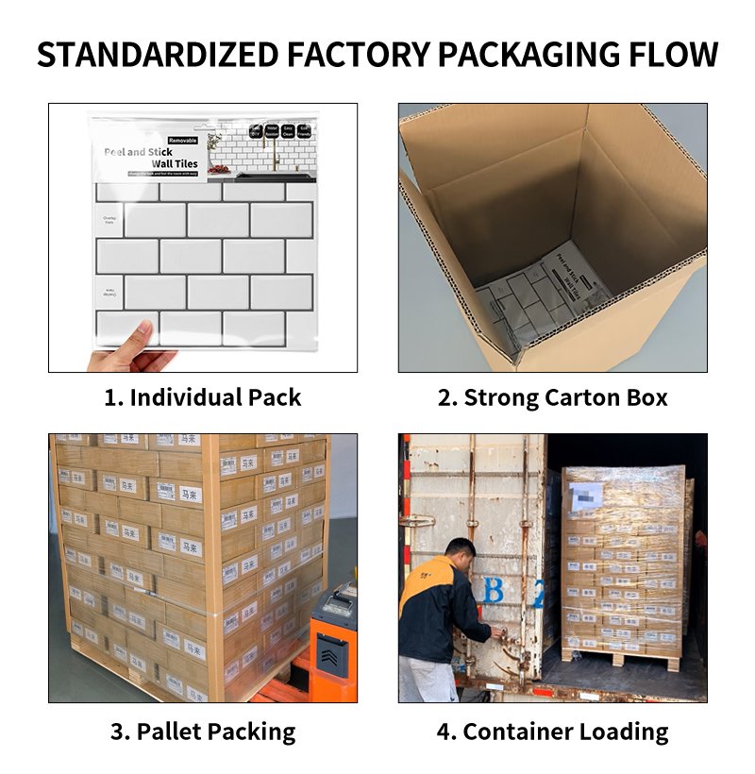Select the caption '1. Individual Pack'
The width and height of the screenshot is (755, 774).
tap(203, 397)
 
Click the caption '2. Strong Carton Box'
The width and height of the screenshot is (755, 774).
tap(552, 397)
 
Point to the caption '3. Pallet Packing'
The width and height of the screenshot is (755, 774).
tap(203, 731)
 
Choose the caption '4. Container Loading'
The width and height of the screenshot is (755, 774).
tap(552, 731)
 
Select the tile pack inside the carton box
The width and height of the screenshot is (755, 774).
tap(542, 293)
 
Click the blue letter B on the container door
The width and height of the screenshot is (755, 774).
tap(494, 593)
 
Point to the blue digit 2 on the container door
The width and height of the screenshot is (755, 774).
tap(538, 595)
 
